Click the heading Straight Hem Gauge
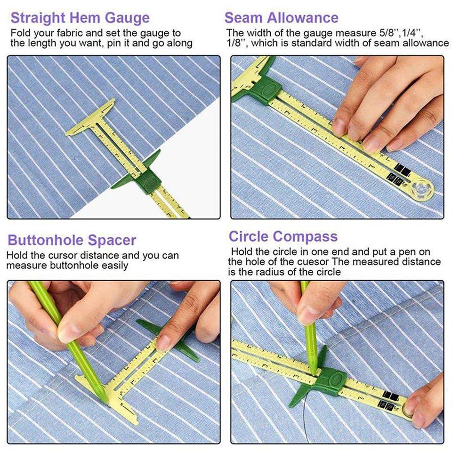tap(80, 18)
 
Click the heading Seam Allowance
tap(281, 18)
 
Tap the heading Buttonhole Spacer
tap(72, 240)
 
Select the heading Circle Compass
tap(283, 236)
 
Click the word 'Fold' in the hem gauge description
tap(20, 33)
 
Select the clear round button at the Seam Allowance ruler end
tap(420, 188)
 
